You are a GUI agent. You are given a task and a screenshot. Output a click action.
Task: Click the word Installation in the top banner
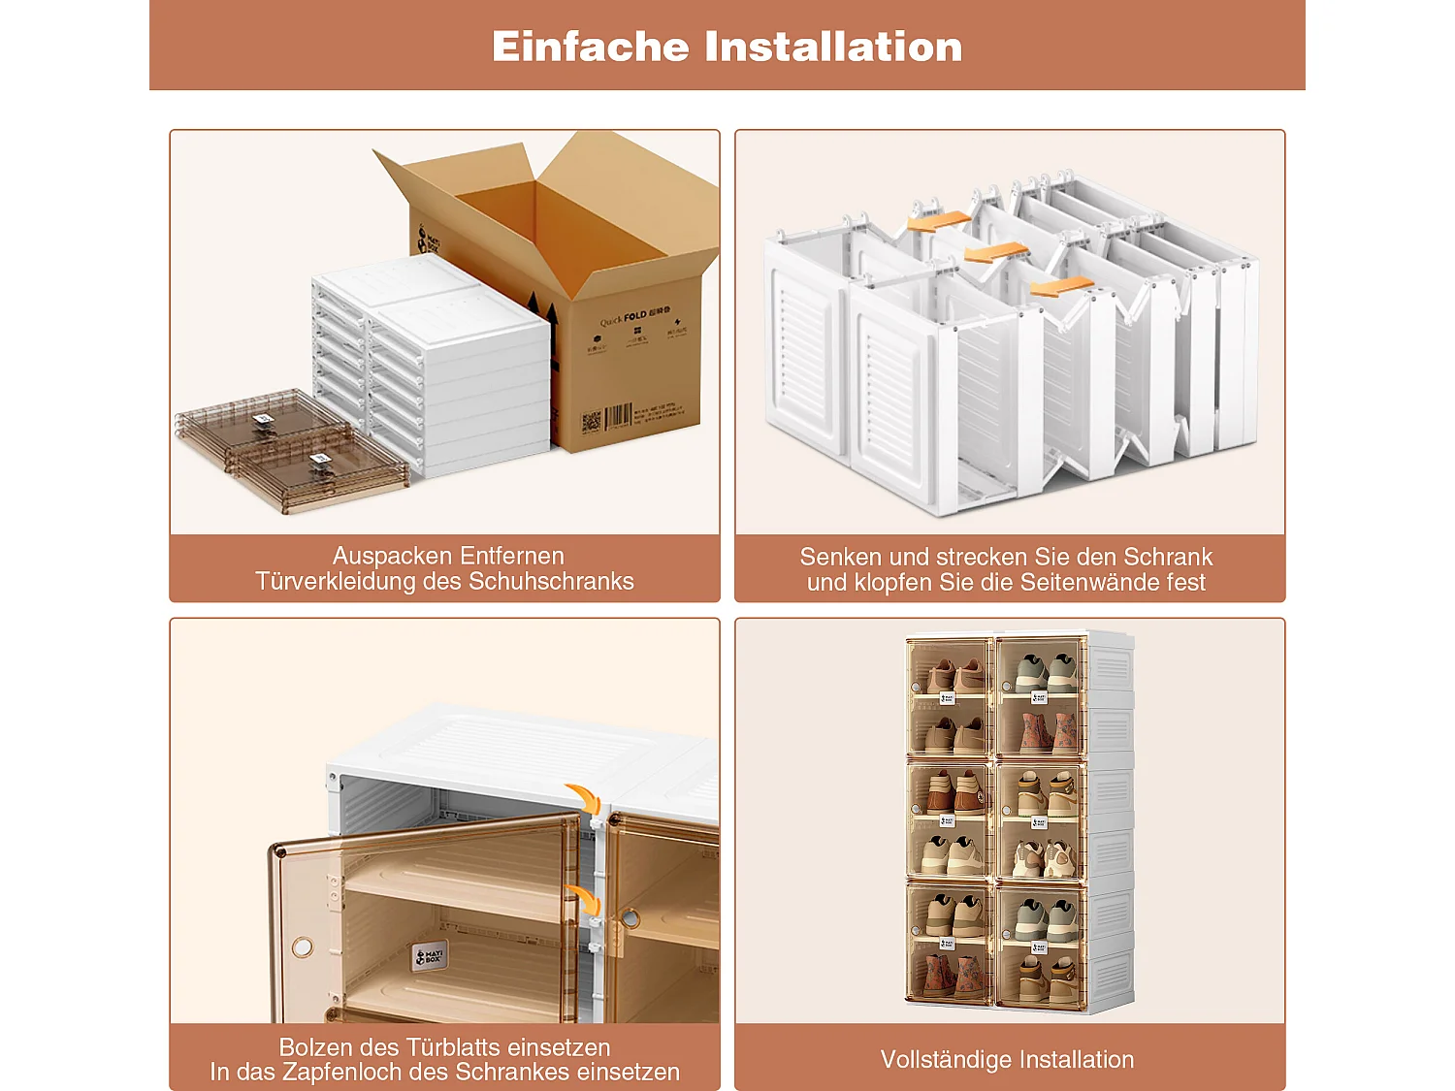pos(833,47)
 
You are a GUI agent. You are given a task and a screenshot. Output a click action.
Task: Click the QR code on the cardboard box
pos(591,422)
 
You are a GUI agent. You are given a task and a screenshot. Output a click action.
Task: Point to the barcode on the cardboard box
pos(618,418)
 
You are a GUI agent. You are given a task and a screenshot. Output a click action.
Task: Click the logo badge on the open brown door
pos(430,956)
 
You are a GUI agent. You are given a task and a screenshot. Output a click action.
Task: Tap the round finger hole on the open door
pos(303,946)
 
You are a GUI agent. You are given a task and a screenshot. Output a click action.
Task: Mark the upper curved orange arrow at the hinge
pos(584,797)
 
